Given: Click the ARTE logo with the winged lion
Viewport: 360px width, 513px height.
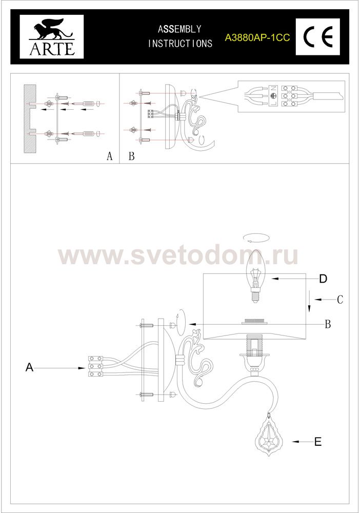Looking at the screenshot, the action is point(52,36).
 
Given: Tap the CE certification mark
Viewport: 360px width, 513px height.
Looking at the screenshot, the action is point(318,36).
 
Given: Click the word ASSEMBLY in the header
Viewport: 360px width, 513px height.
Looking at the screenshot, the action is point(179,29).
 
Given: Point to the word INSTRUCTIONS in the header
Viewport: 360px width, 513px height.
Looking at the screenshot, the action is point(180,44).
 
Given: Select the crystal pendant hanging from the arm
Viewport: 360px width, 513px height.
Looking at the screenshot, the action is point(269,435).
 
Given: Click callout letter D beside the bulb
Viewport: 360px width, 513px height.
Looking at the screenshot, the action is point(323,279).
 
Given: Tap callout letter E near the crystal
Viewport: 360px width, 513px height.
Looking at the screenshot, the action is point(318,442).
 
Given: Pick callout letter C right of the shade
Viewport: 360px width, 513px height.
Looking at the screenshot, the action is point(340,300).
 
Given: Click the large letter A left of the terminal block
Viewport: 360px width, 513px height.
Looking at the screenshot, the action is point(29,368).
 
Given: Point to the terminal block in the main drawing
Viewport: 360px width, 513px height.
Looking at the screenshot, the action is point(96,366).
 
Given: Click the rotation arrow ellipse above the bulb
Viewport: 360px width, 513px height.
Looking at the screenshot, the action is point(257,238).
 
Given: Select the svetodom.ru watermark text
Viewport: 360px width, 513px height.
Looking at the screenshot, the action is point(178,255).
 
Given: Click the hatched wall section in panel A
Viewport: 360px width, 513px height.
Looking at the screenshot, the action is point(30,119).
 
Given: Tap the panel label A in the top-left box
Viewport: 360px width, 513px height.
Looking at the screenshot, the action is point(110,156).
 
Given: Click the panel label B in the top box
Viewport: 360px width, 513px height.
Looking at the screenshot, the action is point(131,156).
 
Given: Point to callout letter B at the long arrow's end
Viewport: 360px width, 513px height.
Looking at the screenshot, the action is point(328,324).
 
